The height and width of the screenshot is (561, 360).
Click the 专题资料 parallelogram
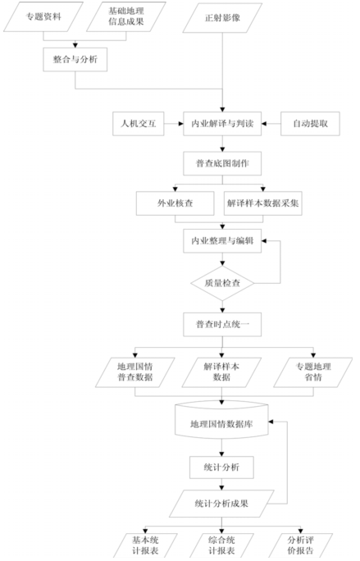click(43, 17)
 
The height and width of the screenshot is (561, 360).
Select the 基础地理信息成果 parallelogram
click(126, 17)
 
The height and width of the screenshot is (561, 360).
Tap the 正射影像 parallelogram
click(222, 18)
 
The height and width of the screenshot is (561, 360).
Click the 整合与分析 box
click(75, 59)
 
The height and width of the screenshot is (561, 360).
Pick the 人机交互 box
click(139, 124)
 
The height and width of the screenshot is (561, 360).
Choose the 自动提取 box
click(310, 124)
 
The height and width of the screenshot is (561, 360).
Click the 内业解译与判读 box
click(222, 124)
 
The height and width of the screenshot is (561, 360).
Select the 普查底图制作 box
click(222, 163)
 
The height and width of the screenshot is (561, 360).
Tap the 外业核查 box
click(175, 203)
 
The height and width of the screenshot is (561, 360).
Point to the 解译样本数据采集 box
click(263, 203)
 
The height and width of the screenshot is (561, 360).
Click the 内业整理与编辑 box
click(222, 241)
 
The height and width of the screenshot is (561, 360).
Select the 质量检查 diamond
click(222, 283)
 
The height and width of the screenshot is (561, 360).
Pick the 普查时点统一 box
click(222, 325)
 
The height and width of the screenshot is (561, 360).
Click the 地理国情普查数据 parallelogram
click(135, 372)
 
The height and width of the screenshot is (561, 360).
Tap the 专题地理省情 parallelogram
click(313, 372)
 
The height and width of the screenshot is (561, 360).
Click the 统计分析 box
click(222, 467)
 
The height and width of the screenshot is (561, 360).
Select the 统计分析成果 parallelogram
click(222, 504)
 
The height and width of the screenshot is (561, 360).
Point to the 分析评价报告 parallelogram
click(301, 545)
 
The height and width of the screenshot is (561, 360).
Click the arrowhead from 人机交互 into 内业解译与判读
click(180, 124)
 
